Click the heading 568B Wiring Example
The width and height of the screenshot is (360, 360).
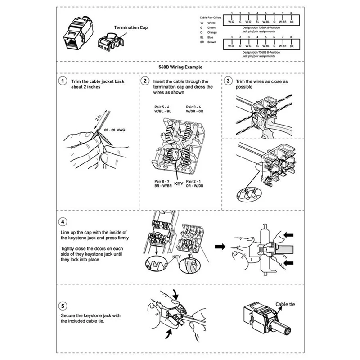180,67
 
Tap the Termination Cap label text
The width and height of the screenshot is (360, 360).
130,27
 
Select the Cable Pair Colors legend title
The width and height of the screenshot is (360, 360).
211,18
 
